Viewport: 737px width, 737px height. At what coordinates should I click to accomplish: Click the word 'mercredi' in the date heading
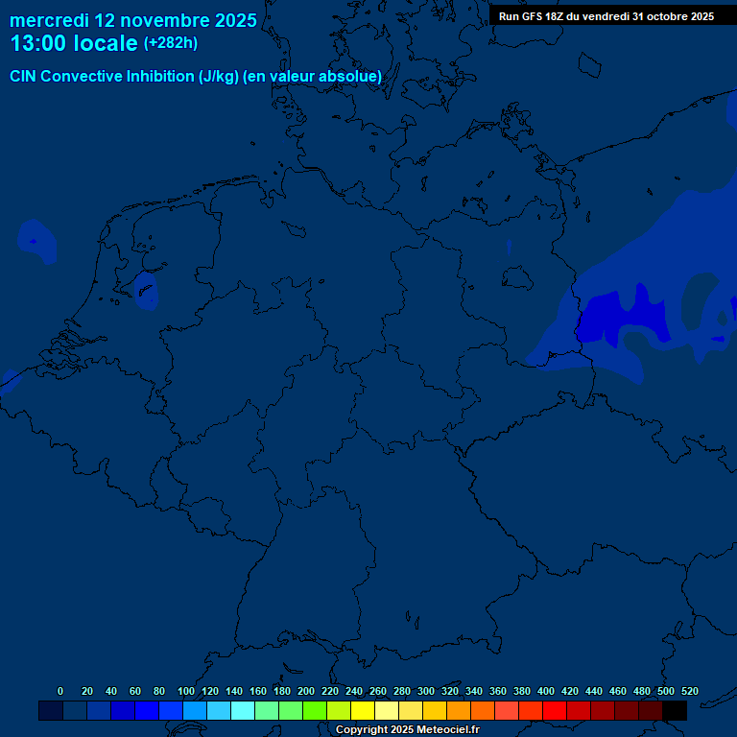click(x=49, y=20)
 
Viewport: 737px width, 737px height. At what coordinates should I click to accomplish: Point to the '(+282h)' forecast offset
click(x=170, y=43)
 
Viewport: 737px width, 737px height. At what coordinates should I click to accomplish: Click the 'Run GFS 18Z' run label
click(x=532, y=16)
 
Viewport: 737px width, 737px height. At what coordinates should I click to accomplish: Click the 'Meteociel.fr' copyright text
click(x=441, y=730)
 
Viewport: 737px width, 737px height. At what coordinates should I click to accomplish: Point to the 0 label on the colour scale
click(x=60, y=691)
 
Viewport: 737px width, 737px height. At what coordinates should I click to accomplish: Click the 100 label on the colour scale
click(x=186, y=691)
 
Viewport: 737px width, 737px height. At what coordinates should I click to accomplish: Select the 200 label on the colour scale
click(x=306, y=691)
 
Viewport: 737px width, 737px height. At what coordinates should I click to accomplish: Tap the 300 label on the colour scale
click(x=426, y=691)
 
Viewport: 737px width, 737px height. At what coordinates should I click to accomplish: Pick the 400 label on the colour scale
click(x=546, y=691)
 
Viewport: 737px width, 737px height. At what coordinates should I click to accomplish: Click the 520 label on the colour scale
click(x=689, y=691)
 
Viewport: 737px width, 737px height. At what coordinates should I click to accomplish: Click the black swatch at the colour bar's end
click(x=675, y=710)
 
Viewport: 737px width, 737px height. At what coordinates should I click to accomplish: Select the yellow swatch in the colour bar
click(x=363, y=710)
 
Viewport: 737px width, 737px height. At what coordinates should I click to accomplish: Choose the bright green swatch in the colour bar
click(x=315, y=710)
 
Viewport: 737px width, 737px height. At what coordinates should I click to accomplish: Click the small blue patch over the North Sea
click(x=36, y=242)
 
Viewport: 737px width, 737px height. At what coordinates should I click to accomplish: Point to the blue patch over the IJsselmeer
click(x=146, y=290)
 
